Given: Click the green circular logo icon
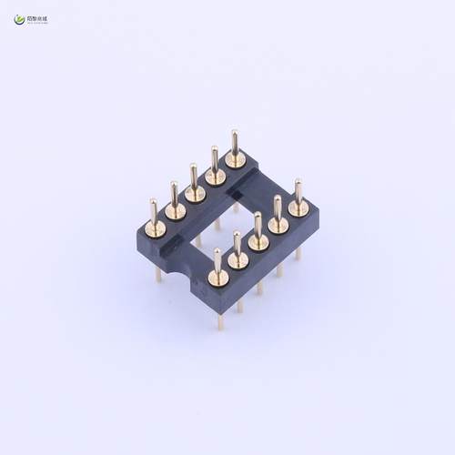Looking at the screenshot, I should [19, 18].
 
